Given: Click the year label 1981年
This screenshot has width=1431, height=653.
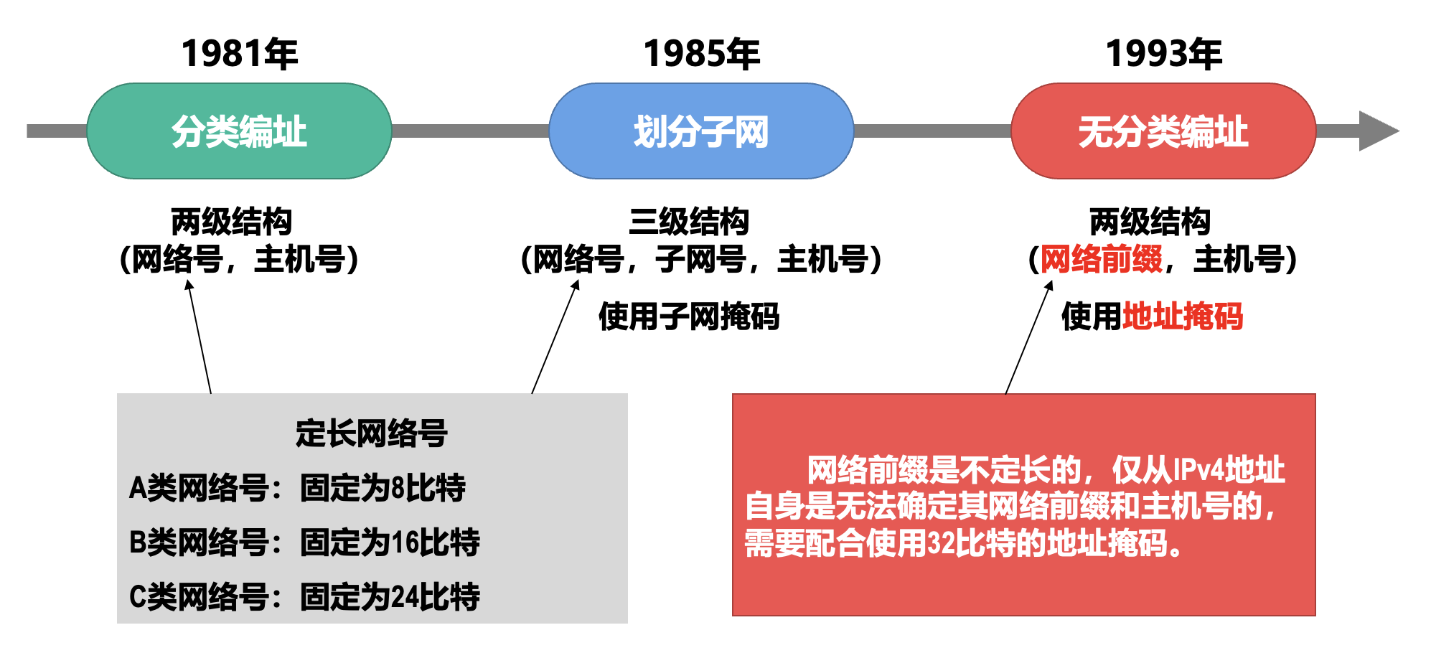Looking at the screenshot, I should click(x=239, y=54).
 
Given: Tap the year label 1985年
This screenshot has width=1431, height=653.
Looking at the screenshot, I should click(x=701, y=54).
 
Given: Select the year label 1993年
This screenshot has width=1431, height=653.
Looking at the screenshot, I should click(x=1163, y=54).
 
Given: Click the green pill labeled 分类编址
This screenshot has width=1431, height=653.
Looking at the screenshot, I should click(x=239, y=131).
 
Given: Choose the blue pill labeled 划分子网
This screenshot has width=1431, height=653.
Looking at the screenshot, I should click(x=701, y=131).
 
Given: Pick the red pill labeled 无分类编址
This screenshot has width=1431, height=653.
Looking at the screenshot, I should click(x=1163, y=131).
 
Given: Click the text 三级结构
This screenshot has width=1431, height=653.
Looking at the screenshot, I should click(x=689, y=222).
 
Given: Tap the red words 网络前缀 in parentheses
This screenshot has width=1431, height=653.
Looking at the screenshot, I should click(x=1101, y=259).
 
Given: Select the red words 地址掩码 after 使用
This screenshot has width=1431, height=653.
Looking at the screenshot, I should click(x=1183, y=316).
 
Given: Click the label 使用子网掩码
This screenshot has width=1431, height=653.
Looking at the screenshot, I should click(x=689, y=316).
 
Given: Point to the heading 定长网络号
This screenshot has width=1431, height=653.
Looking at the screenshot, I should click(x=372, y=433).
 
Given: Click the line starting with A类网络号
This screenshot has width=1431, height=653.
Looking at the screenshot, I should click(x=297, y=488).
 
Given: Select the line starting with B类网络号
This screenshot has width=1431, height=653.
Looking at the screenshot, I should click(x=304, y=542).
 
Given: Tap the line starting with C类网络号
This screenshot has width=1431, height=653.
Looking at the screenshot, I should click(x=304, y=597).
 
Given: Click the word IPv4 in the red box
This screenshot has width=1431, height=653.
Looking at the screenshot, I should click(x=1197, y=470).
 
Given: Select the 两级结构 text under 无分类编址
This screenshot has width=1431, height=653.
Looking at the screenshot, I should click(x=1150, y=222).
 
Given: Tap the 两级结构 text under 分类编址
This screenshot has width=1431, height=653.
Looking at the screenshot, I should click(x=231, y=222).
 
